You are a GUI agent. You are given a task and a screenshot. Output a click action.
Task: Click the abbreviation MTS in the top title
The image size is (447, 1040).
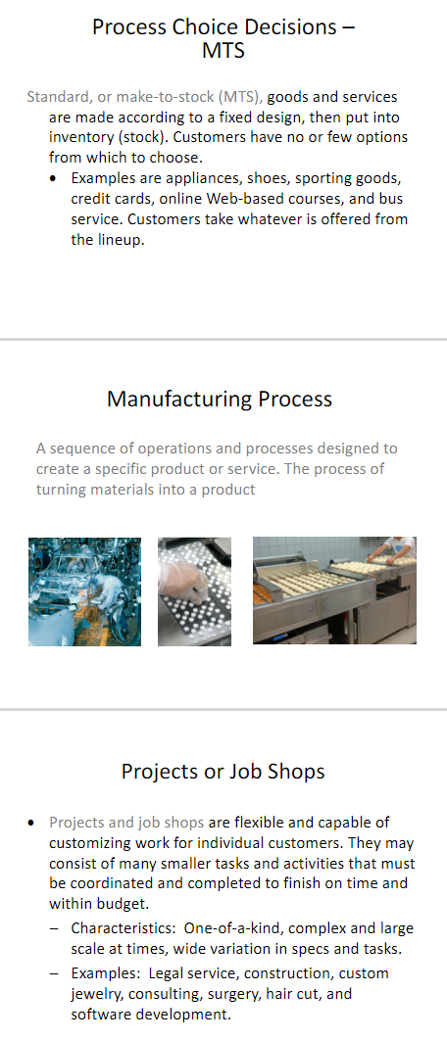pos(223,51)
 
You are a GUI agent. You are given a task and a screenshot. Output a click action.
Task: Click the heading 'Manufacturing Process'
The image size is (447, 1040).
pos(220,400)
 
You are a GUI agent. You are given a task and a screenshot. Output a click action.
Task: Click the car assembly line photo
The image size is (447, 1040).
pos(85,591)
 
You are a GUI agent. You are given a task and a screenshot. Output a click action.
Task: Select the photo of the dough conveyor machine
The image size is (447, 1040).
pos(334,591)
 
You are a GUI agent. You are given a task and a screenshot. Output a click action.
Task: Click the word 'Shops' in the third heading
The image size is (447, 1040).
pos(296,772)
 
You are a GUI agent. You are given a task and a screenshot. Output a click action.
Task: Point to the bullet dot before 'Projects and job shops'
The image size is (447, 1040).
pos(30,824)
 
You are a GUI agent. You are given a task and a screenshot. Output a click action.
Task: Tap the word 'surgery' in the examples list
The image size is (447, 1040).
pos(242,994)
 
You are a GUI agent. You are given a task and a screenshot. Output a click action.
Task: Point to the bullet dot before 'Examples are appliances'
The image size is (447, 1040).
pos(53,179)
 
